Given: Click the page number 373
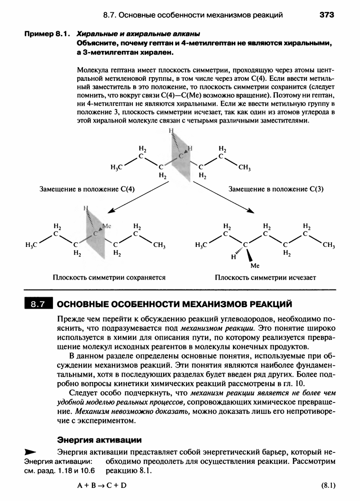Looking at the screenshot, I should (326, 15).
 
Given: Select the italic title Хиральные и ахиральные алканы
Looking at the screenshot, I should (138, 34).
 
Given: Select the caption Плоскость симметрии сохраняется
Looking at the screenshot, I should (109, 277).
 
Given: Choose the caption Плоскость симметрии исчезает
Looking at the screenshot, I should (265, 277).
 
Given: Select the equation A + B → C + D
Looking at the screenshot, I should (102, 486).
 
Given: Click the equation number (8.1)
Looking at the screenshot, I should (327, 486).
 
